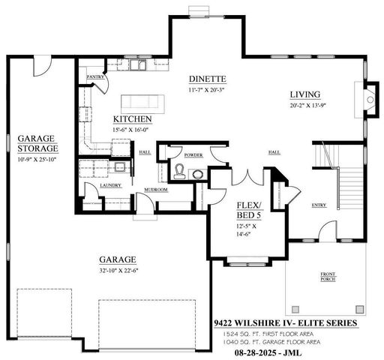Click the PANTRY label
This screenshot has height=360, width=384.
94,76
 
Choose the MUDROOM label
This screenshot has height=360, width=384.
156,190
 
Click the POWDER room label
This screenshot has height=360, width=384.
193,154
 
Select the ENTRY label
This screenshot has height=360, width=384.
319,205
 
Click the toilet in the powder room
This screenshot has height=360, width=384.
178,172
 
